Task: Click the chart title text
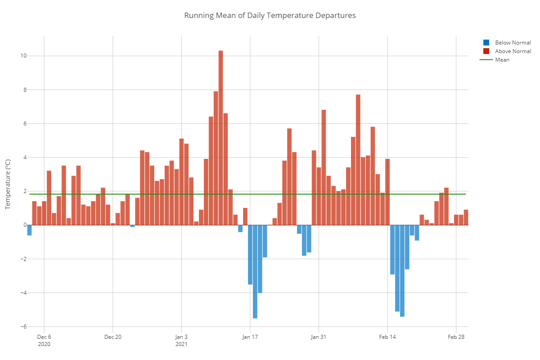pyautogui.click(x=270, y=15)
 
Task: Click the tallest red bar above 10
pyautogui.click(x=220, y=137)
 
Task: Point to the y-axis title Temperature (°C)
pyautogui.click(x=8, y=184)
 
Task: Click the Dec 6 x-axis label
pyautogui.click(x=44, y=337)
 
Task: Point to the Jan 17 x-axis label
pyautogui.click(x=250, y=337)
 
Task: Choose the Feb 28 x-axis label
pyautogui.click(x=456, y=337)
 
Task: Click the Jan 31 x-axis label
pyautogui.click(x=319, y=337)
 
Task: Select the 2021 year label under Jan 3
pyautogui.click(x=181, y=344)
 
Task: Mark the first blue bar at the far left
pyautogui.click(x=29, y=230)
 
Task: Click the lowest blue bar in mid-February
pyautogui.click(x=402, y=270)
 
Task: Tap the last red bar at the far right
pyautogui.click(x=466, y=217)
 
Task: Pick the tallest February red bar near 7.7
pyautogui.click(x=358, y=160)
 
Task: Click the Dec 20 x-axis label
pyautogui.click(x=112, y=337)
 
